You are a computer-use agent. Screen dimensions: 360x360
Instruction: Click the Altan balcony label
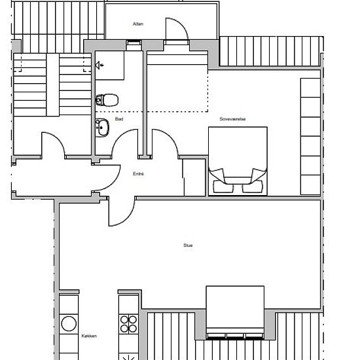click(x=137, y=25)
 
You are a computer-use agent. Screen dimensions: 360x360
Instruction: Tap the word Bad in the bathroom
click(x=119, y=120)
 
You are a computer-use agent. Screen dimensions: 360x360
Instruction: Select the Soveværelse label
click(x=232, y=119)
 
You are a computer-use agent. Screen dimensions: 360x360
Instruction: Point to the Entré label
click(x=137, y=173)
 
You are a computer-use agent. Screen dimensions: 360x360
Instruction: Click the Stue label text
click(x=189, y=245)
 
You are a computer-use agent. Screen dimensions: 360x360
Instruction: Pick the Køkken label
click(x=89, y=336)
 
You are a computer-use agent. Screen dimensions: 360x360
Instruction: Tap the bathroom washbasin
click(x=103, y=128)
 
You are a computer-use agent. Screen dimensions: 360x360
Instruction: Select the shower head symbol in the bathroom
click(x=99, y=65)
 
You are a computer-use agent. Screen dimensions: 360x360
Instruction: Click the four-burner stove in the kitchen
click(x=129, y=325)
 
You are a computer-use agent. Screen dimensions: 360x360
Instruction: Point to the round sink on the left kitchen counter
click(x=69, y=323)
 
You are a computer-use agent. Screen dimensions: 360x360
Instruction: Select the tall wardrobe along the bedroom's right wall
click(x=310, y=136)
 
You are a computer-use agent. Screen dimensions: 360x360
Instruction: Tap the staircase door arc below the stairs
click(x=54, y=144)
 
